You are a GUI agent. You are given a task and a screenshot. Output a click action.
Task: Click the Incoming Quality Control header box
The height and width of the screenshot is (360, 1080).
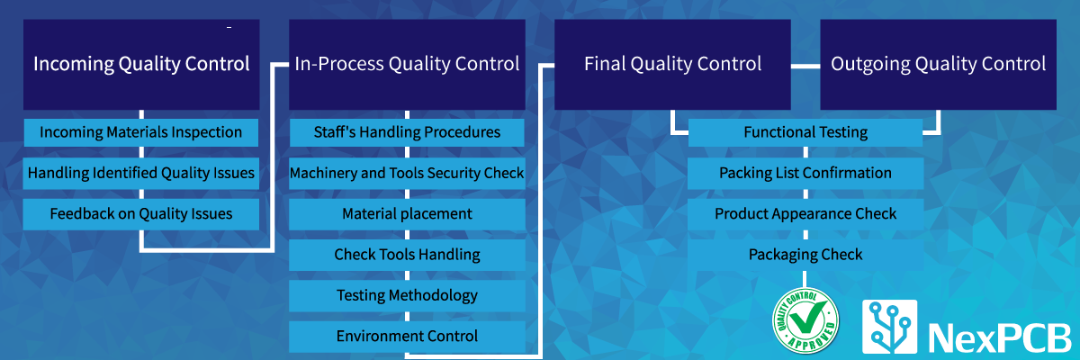(x=141, y=65)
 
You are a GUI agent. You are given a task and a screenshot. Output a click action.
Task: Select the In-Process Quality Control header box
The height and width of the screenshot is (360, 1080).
(x=407, y=65)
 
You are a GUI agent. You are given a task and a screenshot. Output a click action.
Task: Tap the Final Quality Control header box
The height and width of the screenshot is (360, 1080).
(x=672, y=65)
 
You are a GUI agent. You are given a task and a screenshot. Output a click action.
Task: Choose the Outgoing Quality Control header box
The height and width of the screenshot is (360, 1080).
(x=938, y=65)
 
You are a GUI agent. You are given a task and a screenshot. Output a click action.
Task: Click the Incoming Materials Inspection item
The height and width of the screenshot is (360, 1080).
(x=141, y=132)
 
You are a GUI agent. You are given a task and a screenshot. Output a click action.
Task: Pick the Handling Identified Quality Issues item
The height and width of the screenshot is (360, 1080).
(x=141, y=173)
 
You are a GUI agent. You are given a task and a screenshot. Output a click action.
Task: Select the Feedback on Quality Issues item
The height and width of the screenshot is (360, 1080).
(x=141, y=213)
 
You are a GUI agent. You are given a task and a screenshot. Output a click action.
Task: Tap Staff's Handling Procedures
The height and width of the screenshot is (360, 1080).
(x=407, y=132)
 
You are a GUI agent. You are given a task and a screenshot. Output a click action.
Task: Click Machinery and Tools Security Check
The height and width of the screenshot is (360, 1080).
(x=407, y=173)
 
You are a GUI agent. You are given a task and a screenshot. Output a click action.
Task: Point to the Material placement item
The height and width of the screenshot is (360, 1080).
(x=407, y=213)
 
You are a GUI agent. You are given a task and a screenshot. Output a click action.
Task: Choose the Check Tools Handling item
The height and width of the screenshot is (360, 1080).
(x=407, y=255)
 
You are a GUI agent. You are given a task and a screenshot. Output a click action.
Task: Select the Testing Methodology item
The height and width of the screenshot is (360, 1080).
(x=407, y=295)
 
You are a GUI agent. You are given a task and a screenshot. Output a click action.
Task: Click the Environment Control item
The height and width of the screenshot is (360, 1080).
(x=407, y=337)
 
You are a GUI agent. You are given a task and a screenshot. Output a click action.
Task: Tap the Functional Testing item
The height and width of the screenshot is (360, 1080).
(x=805, y=132)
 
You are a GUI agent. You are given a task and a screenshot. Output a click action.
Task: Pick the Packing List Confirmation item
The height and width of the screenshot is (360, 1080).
(x=805, y=173)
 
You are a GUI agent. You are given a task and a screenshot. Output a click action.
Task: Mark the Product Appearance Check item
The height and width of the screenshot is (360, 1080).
(x=805, y=214)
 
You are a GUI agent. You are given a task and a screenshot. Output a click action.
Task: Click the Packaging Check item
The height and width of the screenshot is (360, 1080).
(x=805, y=255)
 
